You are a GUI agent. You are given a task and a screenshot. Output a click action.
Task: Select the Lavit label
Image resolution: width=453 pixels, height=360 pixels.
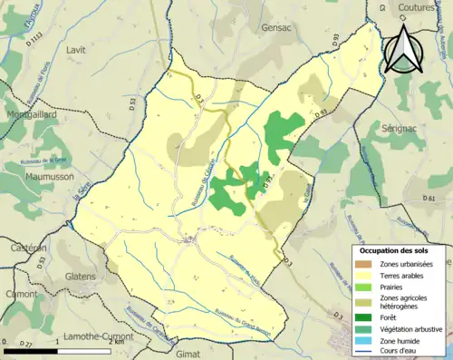click(76, 51)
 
